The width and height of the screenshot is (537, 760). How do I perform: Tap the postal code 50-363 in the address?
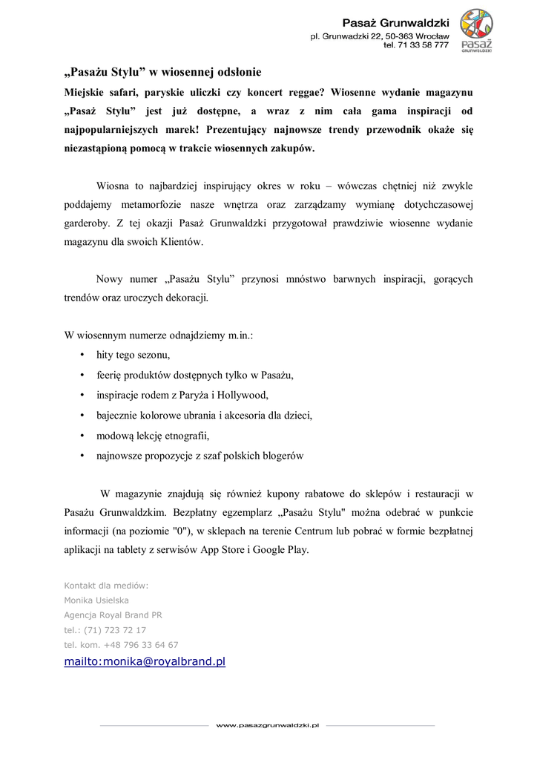click(397, 36)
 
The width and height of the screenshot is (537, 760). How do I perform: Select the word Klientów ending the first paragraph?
click(182, 241)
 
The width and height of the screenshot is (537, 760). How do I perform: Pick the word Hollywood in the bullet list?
click(242, 395)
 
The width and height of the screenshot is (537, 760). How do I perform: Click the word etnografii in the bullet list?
click(185, 436)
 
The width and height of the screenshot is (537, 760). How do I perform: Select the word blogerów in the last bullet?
click(282, 456)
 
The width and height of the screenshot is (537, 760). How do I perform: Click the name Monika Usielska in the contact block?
click(96, 600)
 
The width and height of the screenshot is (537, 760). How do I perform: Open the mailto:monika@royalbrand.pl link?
click(145, 661)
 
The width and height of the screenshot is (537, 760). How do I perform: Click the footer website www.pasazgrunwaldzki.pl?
click(267, 725)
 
